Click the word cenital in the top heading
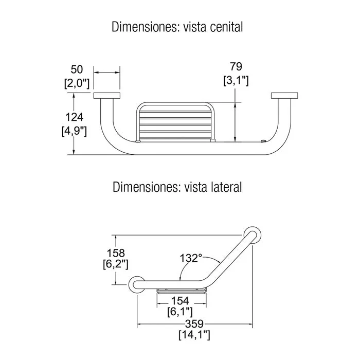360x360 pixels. (x=226, y=27)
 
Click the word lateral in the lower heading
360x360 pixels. (x=226, y=187)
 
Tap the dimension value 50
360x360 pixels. (x=77, y=69)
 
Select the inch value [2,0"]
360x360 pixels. (x=77, y=83)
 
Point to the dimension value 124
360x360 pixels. (x=74, y=117)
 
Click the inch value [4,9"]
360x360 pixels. (x=74, y=131)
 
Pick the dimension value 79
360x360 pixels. (x=236, y=66)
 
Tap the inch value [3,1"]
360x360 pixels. (x=236, y=81)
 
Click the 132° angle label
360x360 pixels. (x=191, y=258)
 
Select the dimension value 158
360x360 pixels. (x=116, y=253)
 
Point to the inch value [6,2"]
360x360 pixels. (x=116, y=264)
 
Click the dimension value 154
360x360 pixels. (x=180, y=301)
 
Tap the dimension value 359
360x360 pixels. (x=194, y=324)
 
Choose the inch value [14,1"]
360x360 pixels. (x=194, y=335)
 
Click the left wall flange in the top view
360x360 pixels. (x=107, y=96)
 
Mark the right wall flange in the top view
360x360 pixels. (x=284, y=96)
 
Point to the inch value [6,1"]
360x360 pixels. (x=180, y=312)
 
